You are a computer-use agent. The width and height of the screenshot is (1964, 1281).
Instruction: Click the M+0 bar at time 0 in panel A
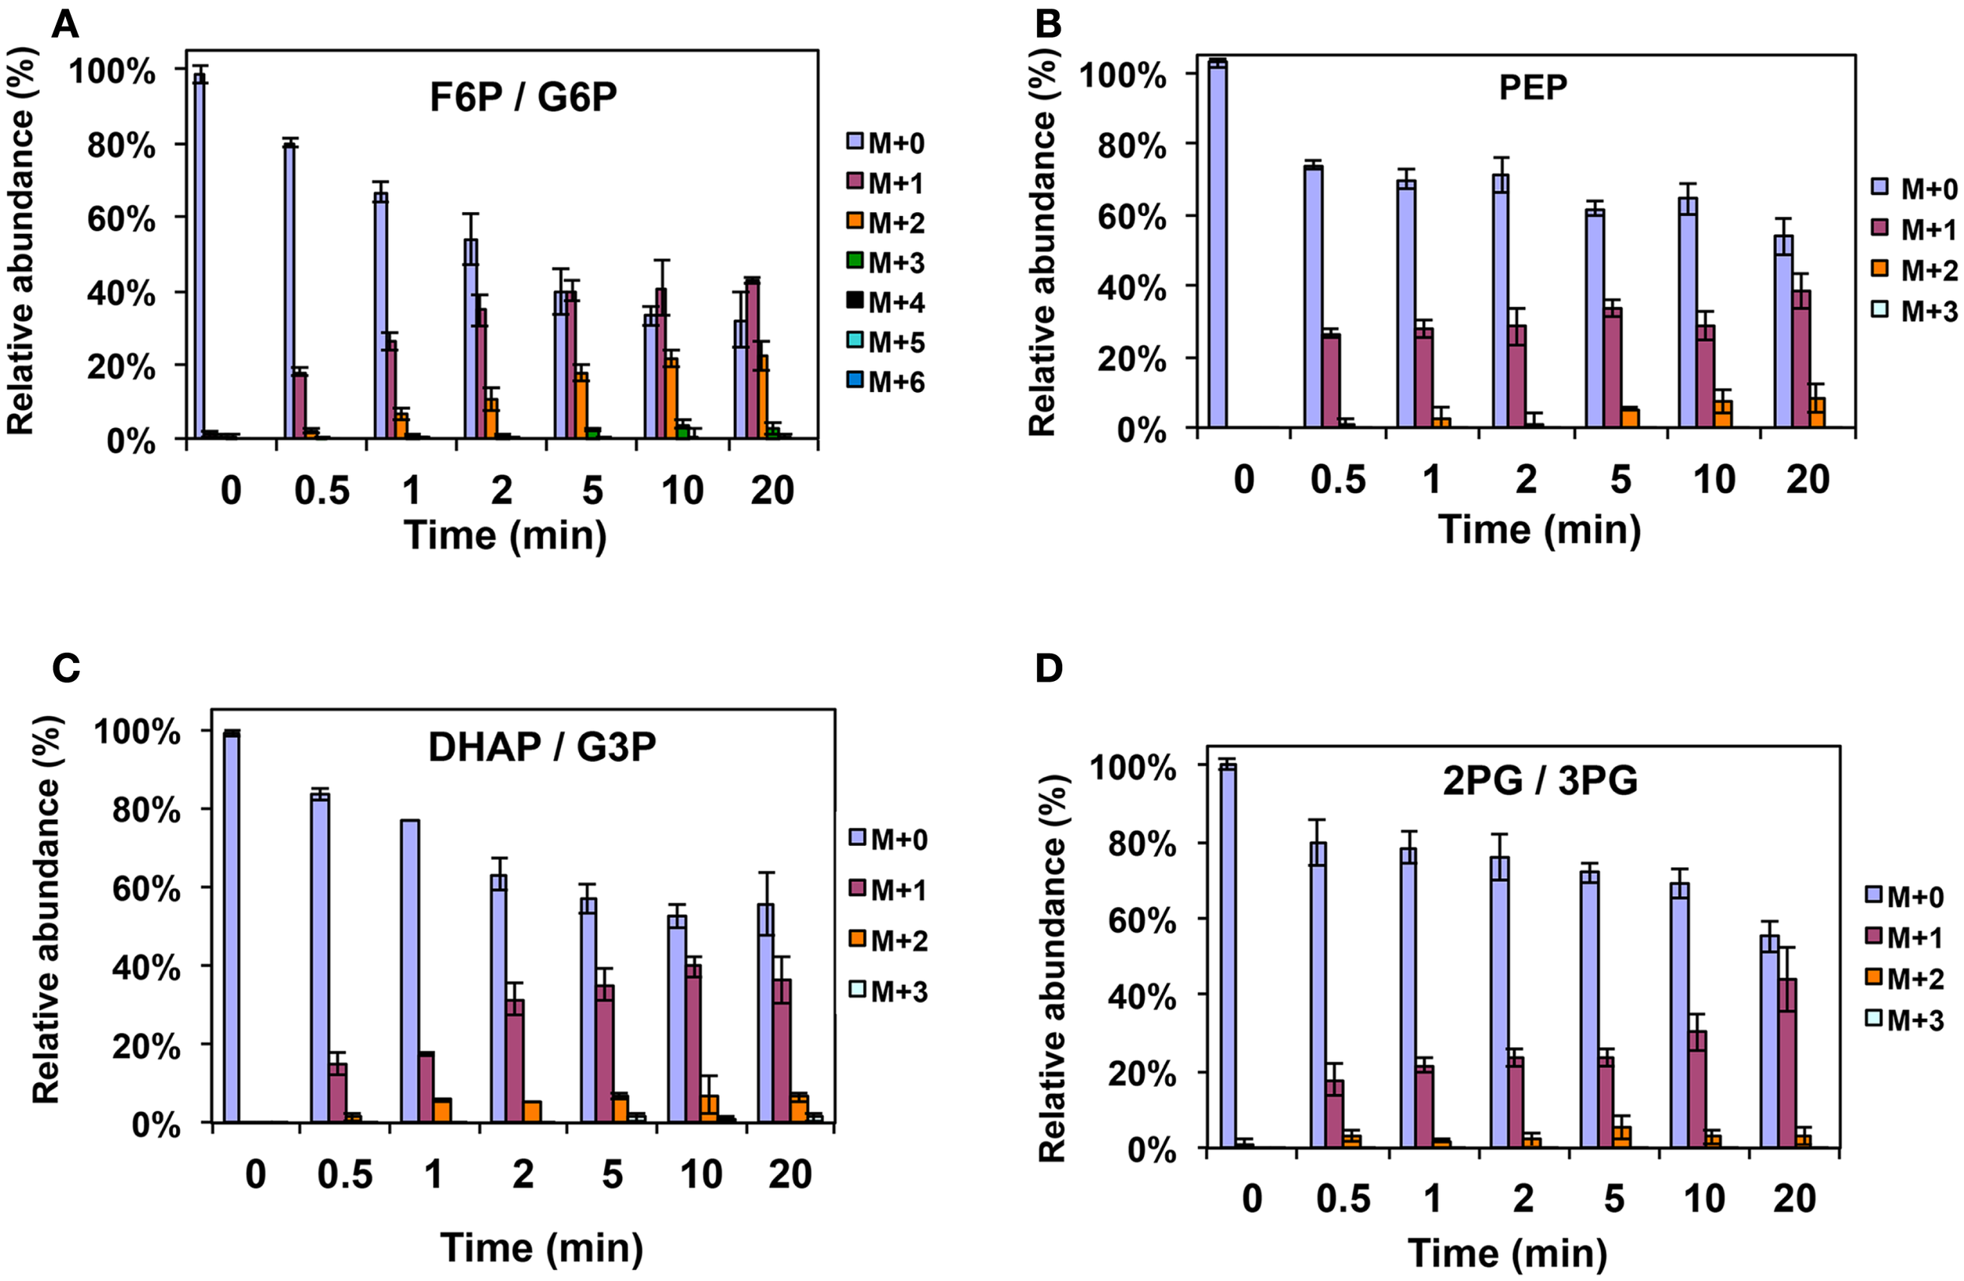coord(199,256)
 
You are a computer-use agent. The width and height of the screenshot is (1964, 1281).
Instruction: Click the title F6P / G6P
coord(523,97)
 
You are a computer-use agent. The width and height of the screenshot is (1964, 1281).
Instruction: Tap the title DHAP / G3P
coord(542,748)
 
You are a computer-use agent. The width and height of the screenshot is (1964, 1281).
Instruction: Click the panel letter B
coord(1047,25)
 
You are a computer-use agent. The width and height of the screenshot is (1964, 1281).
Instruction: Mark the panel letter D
coord(1048,669)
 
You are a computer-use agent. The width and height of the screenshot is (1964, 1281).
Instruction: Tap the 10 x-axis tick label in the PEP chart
coord(1714,479)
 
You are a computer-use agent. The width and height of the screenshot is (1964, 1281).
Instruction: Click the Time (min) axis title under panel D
coord(1507,1253)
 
